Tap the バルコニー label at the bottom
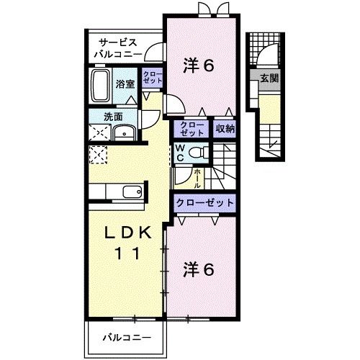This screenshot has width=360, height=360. click(126, 336)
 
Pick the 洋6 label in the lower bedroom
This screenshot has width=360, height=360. click(199, 271)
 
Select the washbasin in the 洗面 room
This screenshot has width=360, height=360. click(125, 132)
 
